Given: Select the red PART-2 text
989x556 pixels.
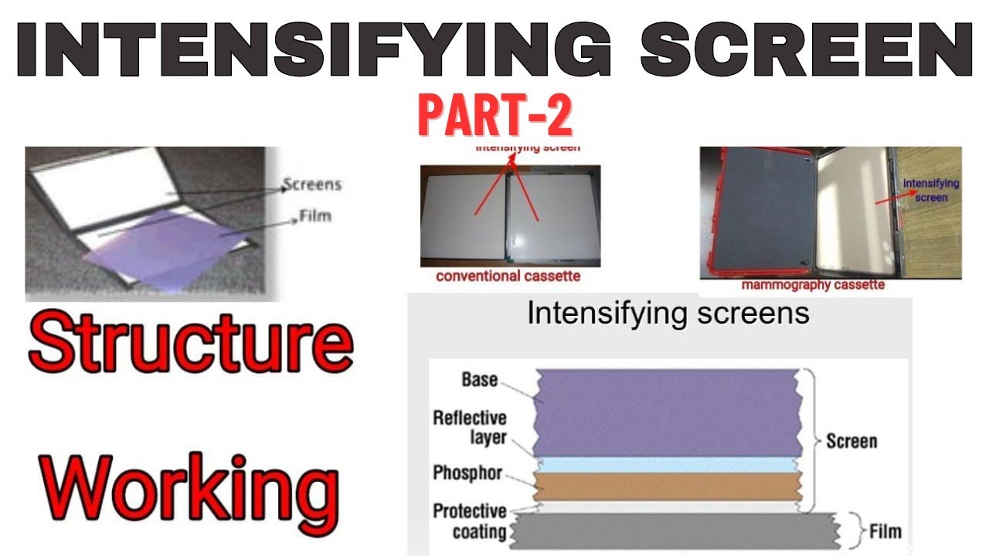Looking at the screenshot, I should point(494,117).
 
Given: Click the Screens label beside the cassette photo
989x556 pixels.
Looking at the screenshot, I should point(311,185).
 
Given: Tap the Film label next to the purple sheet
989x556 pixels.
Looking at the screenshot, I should point(314,215).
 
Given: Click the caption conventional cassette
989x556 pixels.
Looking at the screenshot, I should point(508,276).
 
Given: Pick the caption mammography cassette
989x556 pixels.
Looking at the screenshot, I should point(813,285).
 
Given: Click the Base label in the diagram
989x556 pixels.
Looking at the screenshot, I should point(479,380).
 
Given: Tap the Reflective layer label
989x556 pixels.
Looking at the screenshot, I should point(469,428).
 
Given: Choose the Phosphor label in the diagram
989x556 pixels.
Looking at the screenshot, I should point(467,473).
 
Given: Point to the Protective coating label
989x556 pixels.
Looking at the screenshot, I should point(469,521).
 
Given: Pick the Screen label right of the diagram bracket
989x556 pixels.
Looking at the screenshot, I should point(851,442).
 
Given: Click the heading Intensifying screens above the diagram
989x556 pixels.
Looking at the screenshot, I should point(668,314).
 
